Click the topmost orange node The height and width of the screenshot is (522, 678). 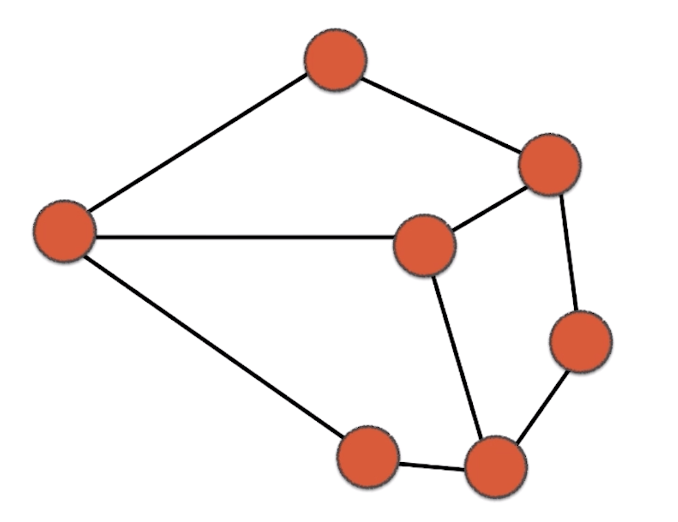[x=335, y=59]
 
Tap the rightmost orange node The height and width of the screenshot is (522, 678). [x=581, y=341]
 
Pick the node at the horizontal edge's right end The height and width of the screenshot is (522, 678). [x=424, y=245]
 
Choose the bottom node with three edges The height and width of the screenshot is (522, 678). [x=496, y=467]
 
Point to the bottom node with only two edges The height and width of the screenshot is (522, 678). [x=368, y=456]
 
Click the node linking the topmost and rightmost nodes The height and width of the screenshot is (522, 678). [x=550, y=164]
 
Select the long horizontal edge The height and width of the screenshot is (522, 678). [x=243, y=238]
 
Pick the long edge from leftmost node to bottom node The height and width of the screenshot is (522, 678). [x=214, y=346]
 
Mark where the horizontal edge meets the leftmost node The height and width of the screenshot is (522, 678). [x=95, y=237]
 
